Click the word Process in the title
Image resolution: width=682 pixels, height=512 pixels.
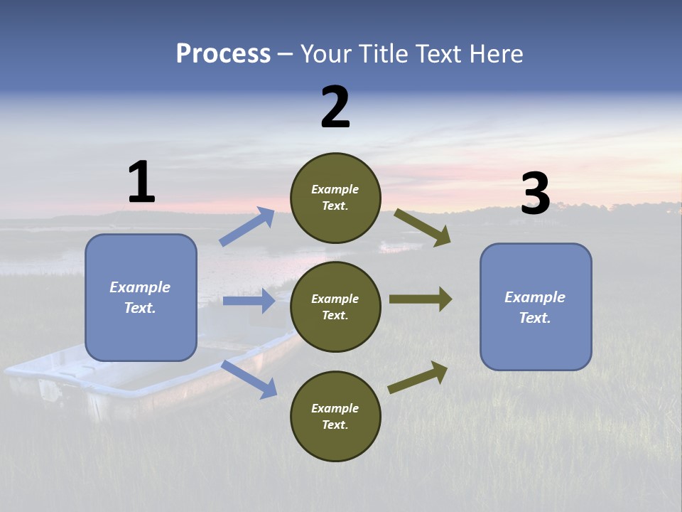(x=223, y=54)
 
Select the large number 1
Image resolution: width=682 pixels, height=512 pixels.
(x=141, y=183)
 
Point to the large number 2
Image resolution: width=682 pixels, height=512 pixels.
(x=335, y=108)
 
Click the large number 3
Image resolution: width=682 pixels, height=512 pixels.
(x=535, y=194)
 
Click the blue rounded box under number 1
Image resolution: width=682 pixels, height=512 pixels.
(x=141, y=297)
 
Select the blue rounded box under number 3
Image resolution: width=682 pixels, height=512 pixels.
(x=536, y=306)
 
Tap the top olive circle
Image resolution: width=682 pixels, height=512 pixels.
(x=335, y=198)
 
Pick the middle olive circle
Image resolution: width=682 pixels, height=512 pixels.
(x=335, y=306)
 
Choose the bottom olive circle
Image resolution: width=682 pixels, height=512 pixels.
(x=335, y=416)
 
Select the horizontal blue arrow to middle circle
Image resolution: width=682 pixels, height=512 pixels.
(x=249, y=301)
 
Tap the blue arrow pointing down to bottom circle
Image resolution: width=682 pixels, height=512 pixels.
(x=249, y=379)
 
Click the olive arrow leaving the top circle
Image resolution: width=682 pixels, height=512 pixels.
(x=423, y=228)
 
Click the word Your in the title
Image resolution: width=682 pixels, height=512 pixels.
(x=326, y=54)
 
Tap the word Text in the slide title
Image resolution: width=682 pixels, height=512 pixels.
(x=436, y=54)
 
